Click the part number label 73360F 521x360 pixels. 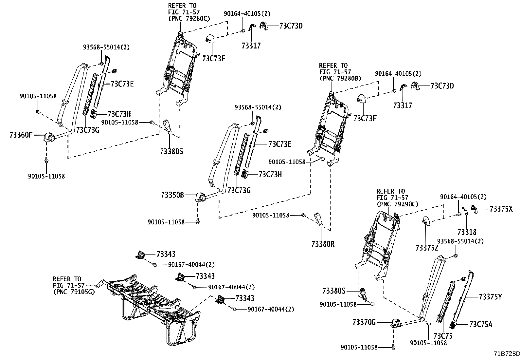tap(21, 135)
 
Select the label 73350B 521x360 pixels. tap(172, 195)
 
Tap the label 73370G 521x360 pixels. tap(364, 322)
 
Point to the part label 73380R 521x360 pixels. tap(323, 244)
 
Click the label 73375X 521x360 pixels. tap(501, 209)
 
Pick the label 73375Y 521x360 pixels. tap(490, 297)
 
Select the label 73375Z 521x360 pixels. tap(427, 248)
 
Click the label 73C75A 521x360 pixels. tap(480, 325)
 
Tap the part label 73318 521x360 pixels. tap(467, 232)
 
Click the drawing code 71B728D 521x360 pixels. tap(507, 354)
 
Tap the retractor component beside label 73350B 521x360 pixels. tap(200, 197)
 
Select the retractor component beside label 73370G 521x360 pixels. tap(395, 324)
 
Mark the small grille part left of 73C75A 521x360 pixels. tap(453, 325)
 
